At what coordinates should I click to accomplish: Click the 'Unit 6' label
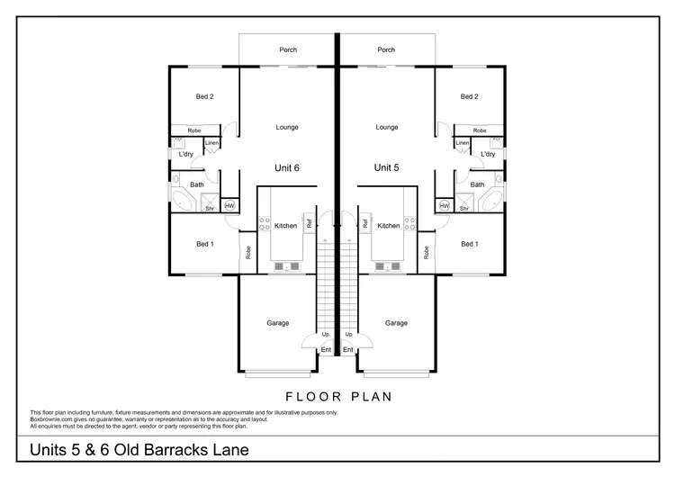click(x=286, y=167)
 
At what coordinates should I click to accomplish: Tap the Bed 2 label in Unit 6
click(x=204, y=96)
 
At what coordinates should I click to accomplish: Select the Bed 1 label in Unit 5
click(x=469, y=244)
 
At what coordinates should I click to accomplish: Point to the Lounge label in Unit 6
click(x=286, y=127)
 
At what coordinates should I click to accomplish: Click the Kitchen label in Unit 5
click(x=389, y=226)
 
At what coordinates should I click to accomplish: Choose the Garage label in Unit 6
click(x=277, y=322)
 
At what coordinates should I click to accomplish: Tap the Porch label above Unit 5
click(x=387, y=50)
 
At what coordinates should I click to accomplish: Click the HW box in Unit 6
click(x=229, y=205)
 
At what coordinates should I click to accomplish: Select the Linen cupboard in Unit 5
click(x=462, y=144)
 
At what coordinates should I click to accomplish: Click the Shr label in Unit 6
click(x=209, y=209)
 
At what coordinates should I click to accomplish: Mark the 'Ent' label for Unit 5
click(x=348, y=349)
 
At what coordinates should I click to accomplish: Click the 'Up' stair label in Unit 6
click(x=325, y=334)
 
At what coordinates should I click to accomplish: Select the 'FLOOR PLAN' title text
click(x=337, y=395)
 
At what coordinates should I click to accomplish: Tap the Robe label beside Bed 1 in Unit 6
click(x=247, y=253)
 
